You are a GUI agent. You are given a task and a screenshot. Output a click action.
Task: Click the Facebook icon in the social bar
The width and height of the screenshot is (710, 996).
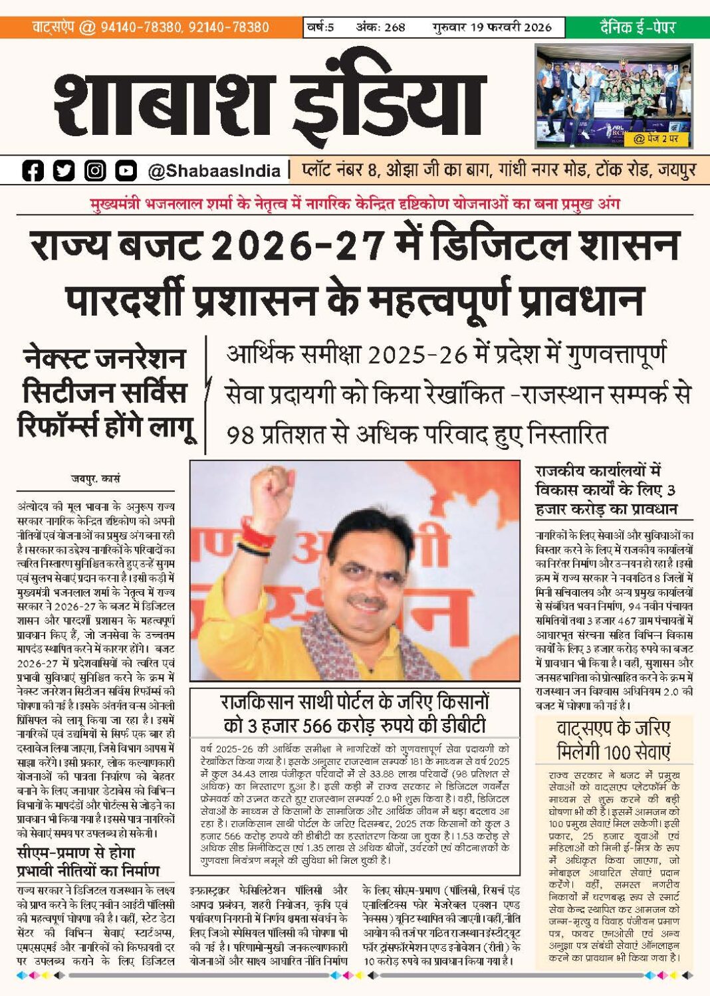(x=33, y=171)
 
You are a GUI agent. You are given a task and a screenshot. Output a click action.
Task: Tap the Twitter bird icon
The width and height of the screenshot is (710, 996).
(x=64, y=171)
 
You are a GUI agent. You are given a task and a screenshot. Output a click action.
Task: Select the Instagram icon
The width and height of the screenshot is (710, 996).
(x=95, y=171)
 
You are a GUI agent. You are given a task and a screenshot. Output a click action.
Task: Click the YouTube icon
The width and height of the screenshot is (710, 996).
(x=126, y=171)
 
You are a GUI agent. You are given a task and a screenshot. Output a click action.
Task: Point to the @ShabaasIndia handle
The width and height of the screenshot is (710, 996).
(x=214, y=171)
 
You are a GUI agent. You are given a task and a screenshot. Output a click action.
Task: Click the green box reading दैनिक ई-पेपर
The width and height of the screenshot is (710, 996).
(x=637, y=27)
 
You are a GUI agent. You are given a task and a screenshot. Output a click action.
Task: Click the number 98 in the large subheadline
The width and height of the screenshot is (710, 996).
(x=241, y=435)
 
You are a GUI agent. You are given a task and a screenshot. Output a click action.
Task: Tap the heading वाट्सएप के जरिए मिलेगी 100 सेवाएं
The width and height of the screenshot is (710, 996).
(x=613, y=740)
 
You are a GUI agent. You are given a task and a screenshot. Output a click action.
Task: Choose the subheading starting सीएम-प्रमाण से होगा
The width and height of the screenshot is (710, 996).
(x=88, y=861)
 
